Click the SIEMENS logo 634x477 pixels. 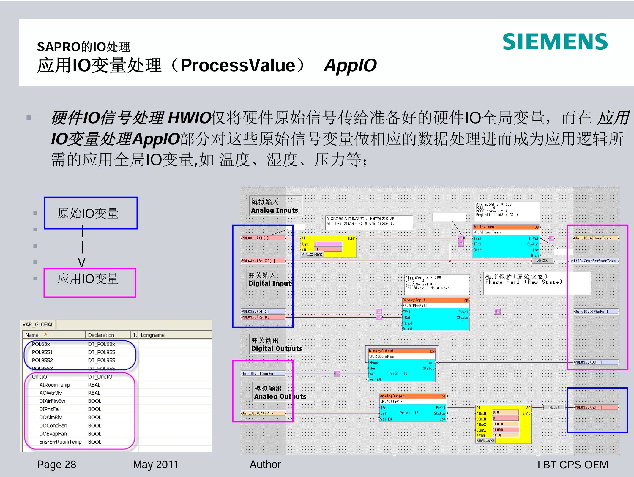(x=555, y=42)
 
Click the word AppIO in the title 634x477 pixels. (x=350, y=65)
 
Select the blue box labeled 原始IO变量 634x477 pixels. (x=91, y=213)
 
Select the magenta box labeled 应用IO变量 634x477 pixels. (x=90, y=282)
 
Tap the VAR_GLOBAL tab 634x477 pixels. (x=38, y=324)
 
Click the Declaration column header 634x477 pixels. (x=101, y=335)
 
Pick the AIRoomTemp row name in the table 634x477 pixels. (x=55, y=385)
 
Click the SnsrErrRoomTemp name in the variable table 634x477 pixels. (x=60, y=442)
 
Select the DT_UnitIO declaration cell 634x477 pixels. (x=100, y=377)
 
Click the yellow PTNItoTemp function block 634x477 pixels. (x=328, y=247)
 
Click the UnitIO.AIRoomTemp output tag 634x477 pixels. (x=596, y=238)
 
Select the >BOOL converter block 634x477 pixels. (x=542, y=260)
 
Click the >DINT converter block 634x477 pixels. (x=554, y=407)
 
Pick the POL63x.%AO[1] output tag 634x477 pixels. (x=596, y=407)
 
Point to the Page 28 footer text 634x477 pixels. (x=56, y=465)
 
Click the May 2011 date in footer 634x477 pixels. (x=155, y=465)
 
